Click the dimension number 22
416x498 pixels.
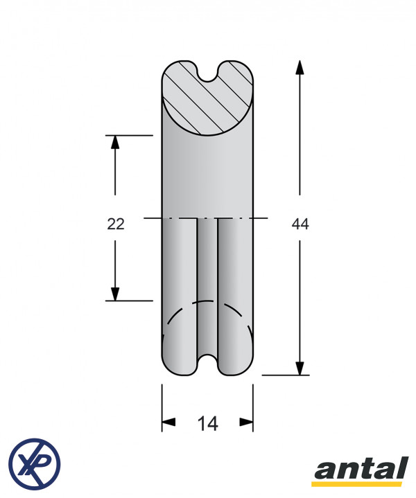[x=116, y=224]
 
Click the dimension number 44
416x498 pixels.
[x=300, y=224]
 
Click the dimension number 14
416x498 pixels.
[x=207, y=423]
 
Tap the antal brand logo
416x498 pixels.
[x=361, y=468]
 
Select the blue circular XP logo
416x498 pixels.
[x=35, y=464]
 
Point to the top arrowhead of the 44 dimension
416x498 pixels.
[x=300, y=67]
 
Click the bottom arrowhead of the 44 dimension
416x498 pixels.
[x=300, y=368]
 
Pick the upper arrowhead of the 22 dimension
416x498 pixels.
[x=115, y=142]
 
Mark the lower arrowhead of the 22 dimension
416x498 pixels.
[x=115, y=294]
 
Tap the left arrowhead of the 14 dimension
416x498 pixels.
[x=168, y=422]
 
